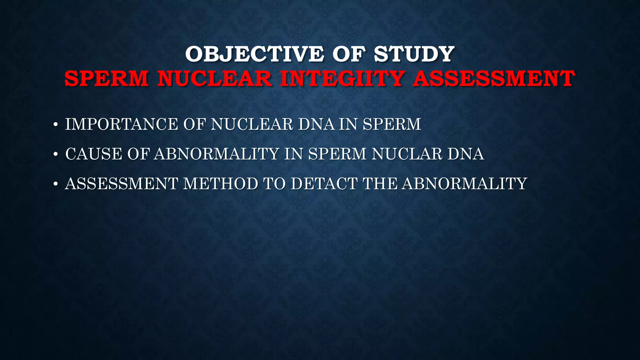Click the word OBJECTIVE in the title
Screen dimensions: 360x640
pyautogui.click(x=254, y=54)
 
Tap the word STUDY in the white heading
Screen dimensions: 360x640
pyautogui.click(x=414, y=54)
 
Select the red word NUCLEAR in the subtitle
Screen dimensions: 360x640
pyautogui.click(x=215, y=78)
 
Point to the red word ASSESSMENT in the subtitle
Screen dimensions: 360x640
pyautogui.click(x=493, y=78)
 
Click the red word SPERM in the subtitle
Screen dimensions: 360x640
pyautogui.click(x=107, y=78)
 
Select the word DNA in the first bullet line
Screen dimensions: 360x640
pyautogui.click(x=316, y=124)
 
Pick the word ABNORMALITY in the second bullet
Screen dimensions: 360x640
pyautogui.click(x=216, y=154)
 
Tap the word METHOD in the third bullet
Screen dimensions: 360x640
pyautogui.click(x=221, y=184)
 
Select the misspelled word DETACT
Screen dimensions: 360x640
pyautogui.click(x=324, y=184)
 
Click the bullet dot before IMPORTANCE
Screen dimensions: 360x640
pyautogui.click(x=56, y=125)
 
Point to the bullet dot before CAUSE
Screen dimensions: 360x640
pyautogui.click(x=56, y=155)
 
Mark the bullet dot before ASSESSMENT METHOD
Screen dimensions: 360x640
pyautogui.click(x=56, y=184)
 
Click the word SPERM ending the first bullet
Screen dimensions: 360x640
pyautogui.click(x=392, y=124)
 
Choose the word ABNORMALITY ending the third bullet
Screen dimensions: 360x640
pyautogui.click(x=465, y=184)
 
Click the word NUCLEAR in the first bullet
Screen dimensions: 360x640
pyautogui.click(x=252, y=124)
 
